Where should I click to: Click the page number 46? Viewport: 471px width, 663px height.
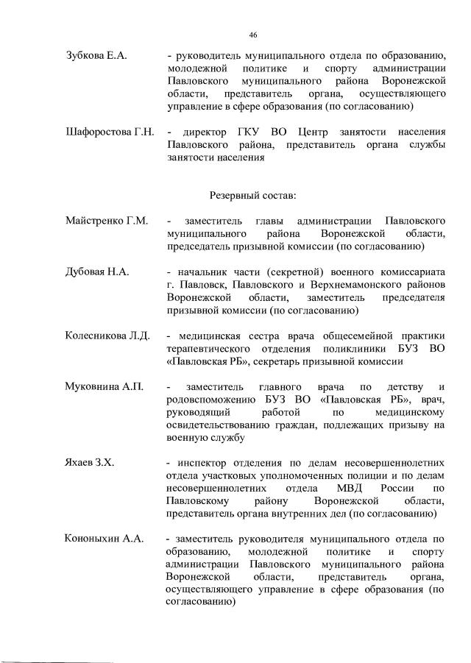[x=253, y=35]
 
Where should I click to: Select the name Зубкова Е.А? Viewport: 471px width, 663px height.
[x=96, y=56]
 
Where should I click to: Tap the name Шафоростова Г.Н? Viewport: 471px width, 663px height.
[x=109, y=132]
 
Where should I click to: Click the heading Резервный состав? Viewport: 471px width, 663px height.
[x=253, y=195]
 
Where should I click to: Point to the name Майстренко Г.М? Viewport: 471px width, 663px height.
[x=107, y=221]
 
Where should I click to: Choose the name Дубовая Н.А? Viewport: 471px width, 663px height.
[x=97, y=272]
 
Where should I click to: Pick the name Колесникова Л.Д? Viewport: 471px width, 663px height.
[x=107, y=336]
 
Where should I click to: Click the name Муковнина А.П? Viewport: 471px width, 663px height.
[x=104, y=386]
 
